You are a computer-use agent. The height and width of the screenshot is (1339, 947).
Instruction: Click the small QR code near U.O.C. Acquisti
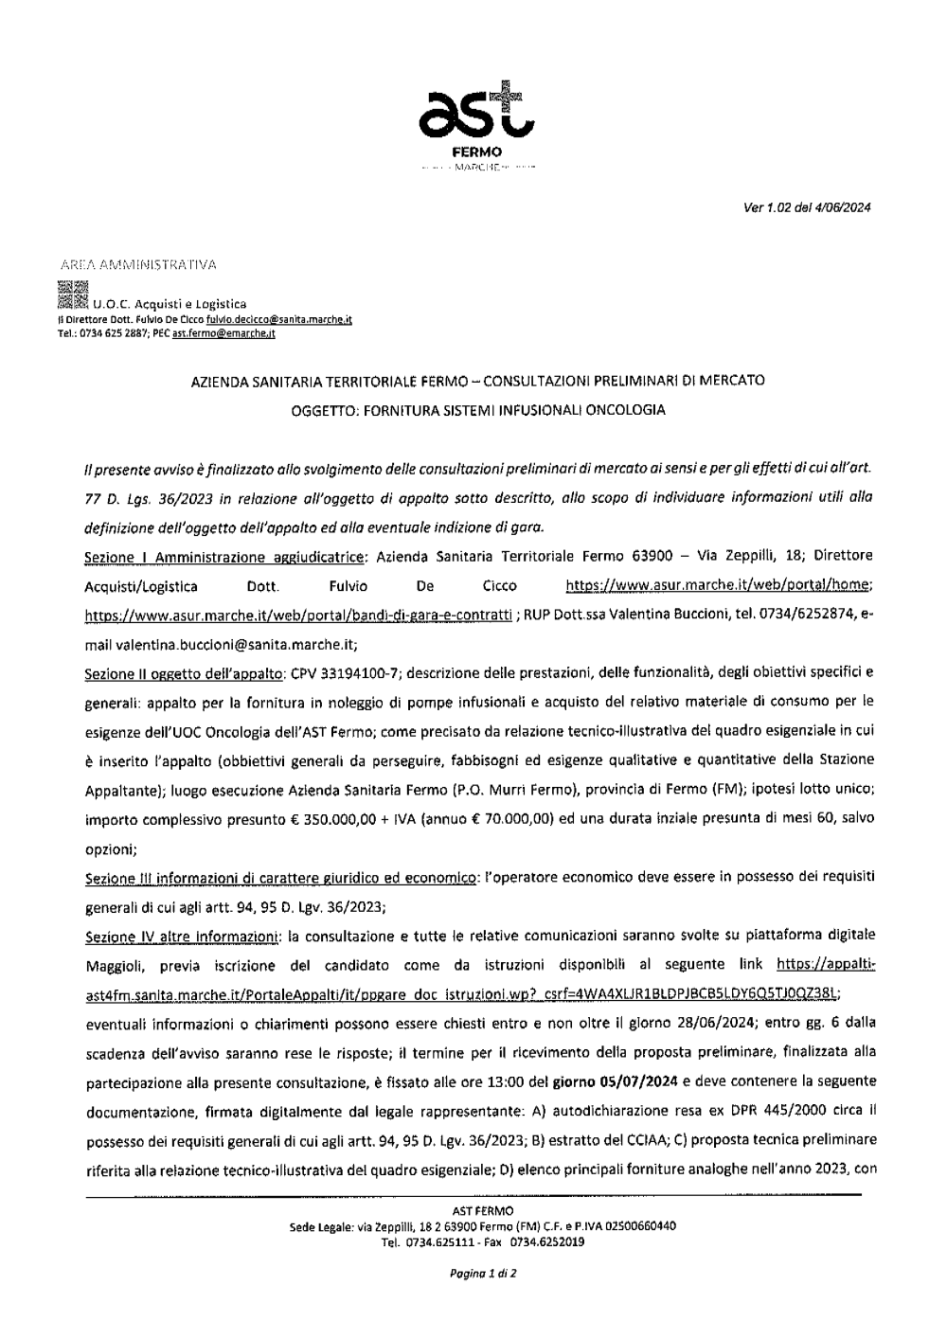click(x=72, y=295)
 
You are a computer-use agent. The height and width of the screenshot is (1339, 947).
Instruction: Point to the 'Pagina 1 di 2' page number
click(x=483, y=1274)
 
